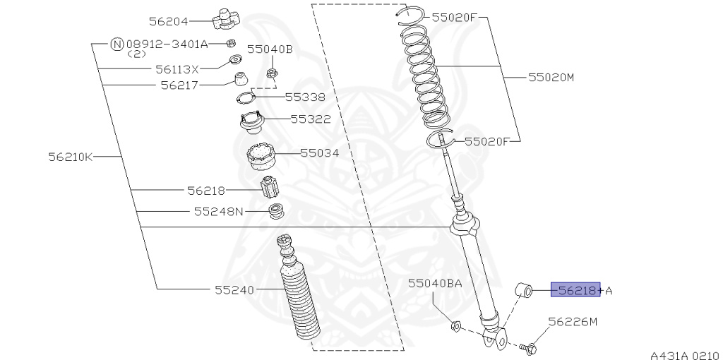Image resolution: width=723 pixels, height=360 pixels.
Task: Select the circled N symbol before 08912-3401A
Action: (118, 44)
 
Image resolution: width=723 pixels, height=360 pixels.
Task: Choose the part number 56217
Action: (179, 85)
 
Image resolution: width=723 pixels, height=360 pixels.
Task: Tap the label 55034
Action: (319, 152)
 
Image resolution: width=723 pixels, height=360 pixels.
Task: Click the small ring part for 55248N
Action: (276, 210)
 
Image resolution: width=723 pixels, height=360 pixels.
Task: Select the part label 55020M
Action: (551, 77)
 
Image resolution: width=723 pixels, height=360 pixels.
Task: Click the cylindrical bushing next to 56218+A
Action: (523, 289)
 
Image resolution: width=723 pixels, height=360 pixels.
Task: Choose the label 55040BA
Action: (434, 283)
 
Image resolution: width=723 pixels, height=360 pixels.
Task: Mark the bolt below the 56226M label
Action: (529, 347)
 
